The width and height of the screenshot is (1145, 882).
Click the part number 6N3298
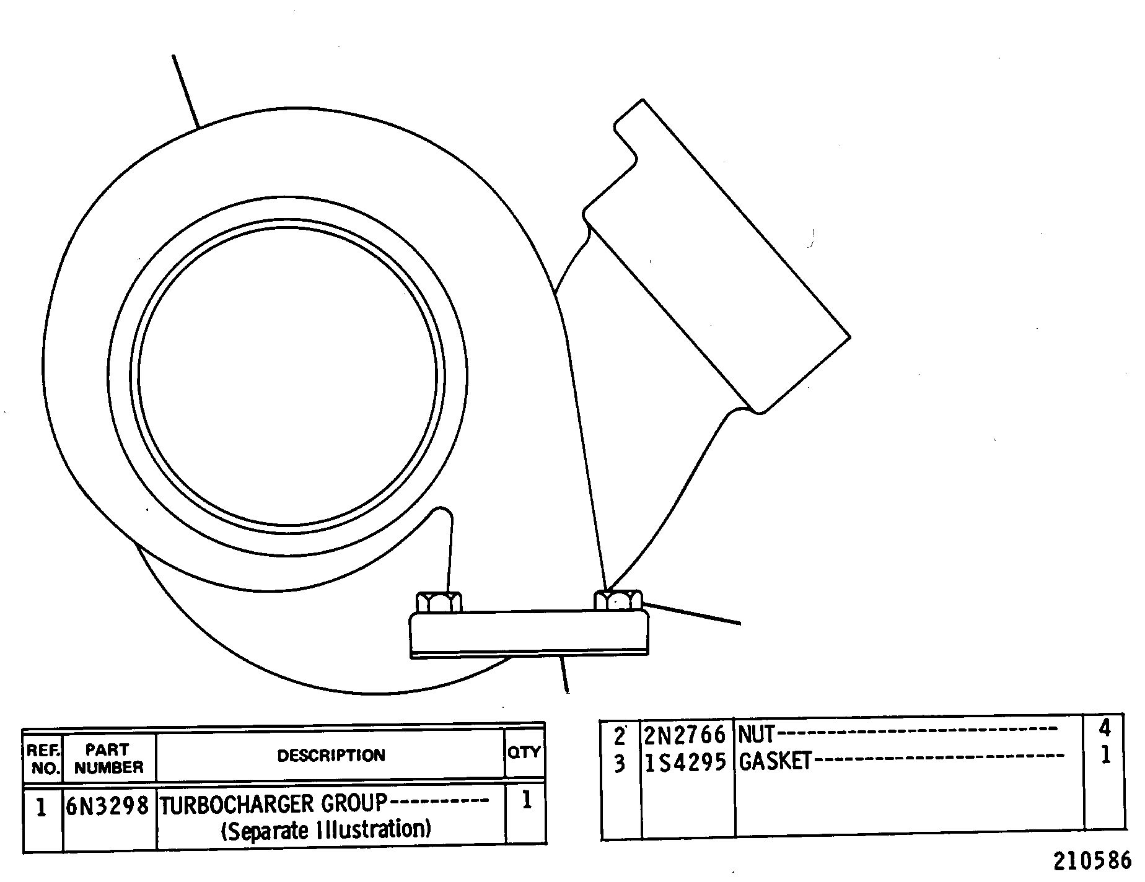[x=107, y=806]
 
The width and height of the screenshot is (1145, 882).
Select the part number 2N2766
[x=685, y=735]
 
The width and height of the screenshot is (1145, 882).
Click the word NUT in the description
[x=757, y=735]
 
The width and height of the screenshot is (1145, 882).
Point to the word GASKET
[x=775, y=762]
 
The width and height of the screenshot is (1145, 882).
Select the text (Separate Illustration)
[x=326, y=829]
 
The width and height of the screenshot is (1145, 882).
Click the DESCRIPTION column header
[x=331, y=756]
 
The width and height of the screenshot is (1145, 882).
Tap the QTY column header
[x=524, y=752]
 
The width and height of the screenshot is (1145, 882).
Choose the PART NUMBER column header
[x=109, y=759]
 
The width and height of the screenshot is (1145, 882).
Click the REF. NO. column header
[x=43, y=760]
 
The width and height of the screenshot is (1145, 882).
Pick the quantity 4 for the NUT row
[x=1105, y=728]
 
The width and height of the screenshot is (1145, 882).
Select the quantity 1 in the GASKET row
[x=1105, y=756]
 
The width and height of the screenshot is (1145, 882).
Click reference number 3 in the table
[x=620, y=764]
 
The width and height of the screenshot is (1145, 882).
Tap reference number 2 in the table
[x=620, y=736]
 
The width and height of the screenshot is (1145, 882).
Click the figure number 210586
[x=1092, y=862]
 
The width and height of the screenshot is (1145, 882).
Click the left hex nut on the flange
[x=439, y=602]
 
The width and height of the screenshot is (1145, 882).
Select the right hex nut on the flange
[x=618, y=600]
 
